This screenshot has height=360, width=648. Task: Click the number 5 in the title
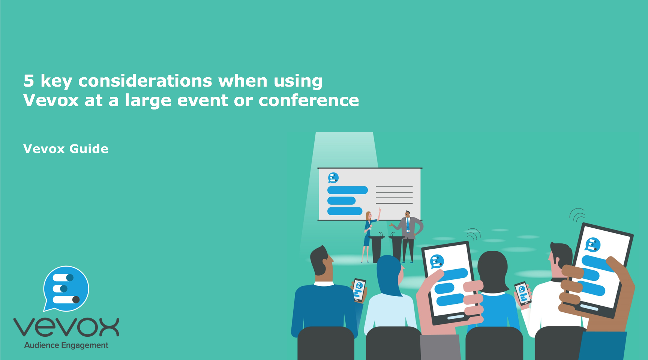(29, 81)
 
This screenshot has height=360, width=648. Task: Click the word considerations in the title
(145, 81)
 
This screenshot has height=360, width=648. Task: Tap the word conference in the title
(309, 100)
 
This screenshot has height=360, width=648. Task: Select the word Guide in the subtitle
(89, 149)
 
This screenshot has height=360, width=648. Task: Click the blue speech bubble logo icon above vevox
(66, 288)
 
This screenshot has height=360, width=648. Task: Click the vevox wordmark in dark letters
(66, 327)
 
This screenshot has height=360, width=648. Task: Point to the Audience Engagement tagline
(66, 345)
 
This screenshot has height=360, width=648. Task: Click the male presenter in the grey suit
(408, 234)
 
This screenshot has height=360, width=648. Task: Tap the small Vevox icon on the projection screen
(333, 177)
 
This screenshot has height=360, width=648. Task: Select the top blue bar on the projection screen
(347, 190)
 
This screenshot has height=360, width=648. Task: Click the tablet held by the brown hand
(600, 270)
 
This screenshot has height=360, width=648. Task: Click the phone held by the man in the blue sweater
(359, 289)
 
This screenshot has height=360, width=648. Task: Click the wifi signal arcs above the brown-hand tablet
(578, 215)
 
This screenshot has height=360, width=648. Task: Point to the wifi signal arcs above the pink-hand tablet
(474, 234)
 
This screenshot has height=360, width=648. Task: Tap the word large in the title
(148, 101)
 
